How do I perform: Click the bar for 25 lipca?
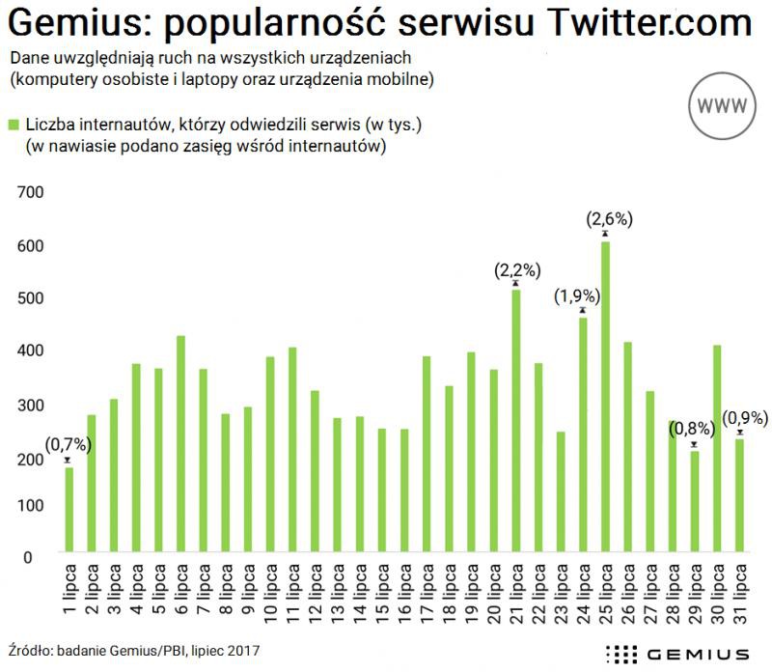(x=605, y=398)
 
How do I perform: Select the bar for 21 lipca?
(x=516, y=423)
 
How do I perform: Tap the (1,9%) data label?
(x=577, y=296)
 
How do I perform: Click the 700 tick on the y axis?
(x=32, y=192)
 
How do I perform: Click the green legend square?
(x=14, y=125)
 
